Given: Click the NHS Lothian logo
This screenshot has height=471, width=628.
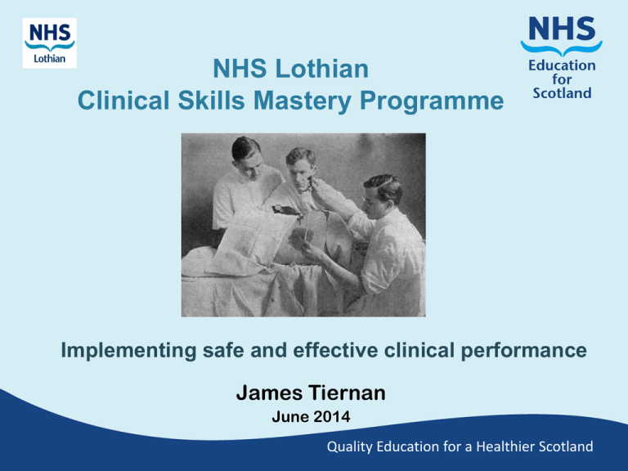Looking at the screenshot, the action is click(x=49, y=43).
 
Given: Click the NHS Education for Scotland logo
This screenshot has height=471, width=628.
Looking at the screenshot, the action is click(x=562, y=58).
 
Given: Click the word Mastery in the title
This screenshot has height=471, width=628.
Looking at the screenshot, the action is click(x=303, y=100).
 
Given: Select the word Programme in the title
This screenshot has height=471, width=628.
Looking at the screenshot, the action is click(x=432, y=101).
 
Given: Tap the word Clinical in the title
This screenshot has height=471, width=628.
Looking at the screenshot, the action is click(x=123, y=100).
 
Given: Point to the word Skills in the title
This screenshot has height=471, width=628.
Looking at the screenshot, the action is click(x=211, y=100).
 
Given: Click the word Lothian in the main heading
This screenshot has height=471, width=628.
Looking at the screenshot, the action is click(x=321, y=69).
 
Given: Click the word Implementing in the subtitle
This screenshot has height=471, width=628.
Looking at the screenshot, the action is click(x=128, y=351).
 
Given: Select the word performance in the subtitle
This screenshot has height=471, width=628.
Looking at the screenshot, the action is click(x=523, y=351).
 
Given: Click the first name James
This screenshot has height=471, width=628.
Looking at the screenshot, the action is click(x=269, y=392).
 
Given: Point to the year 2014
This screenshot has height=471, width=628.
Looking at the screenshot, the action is click(x=332, y=416).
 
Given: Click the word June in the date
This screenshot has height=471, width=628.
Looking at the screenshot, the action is click(x=290, y=416).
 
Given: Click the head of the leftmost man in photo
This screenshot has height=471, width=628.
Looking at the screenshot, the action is click(x=247, y=157).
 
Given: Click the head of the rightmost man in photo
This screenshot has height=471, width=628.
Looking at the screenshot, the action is click(x=384, y=196).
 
